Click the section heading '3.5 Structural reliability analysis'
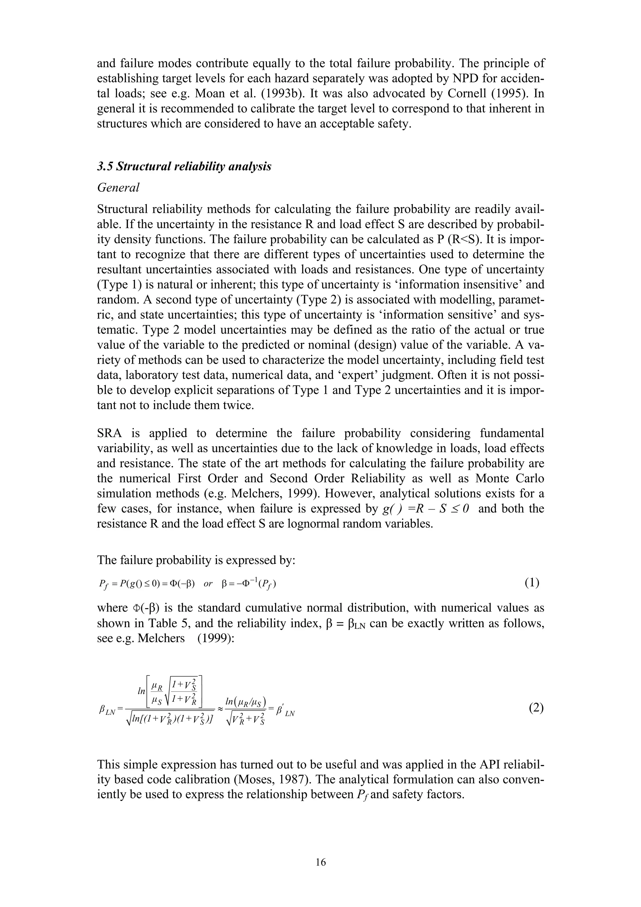coord(184,166)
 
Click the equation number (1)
coord(532,583)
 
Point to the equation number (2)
coord(536,708)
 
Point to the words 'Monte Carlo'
coord(510,479)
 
